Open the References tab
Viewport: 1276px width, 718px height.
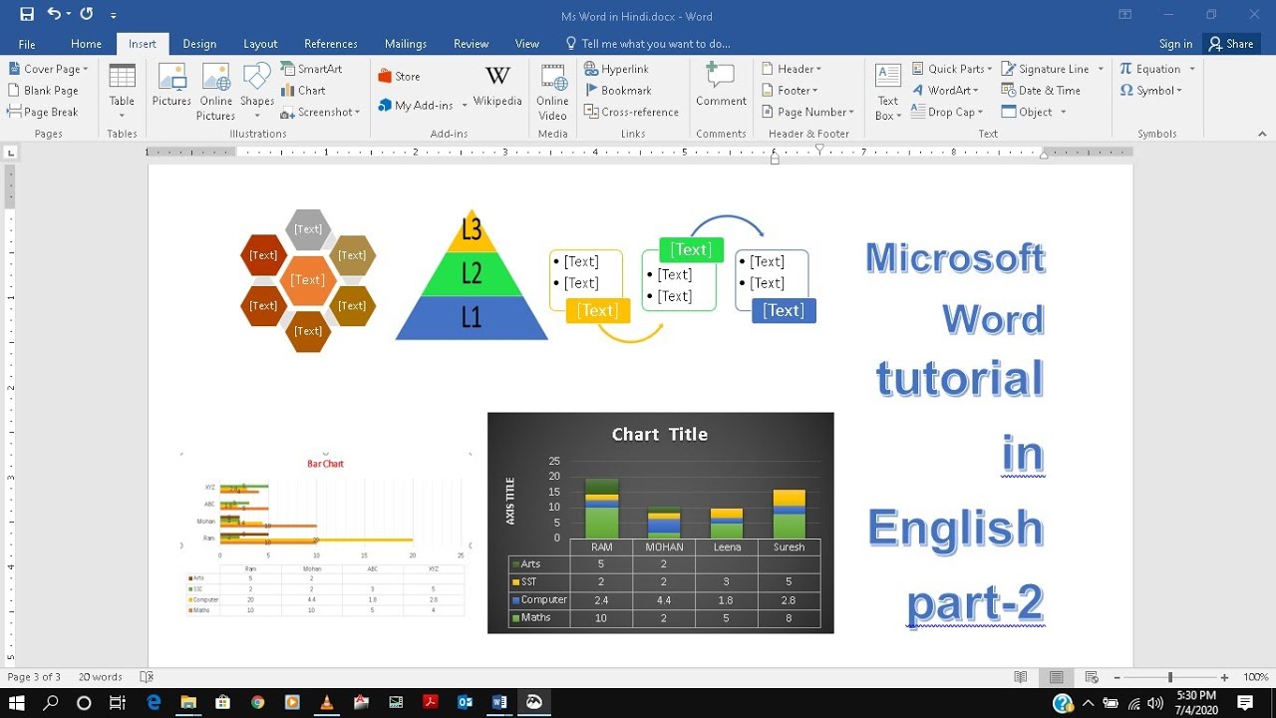(x=330, y=44)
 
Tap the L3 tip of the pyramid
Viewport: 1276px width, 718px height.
(x=472, y=230)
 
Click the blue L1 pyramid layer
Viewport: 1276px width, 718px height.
(x=472, y=318)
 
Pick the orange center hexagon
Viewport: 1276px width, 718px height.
(x=307, y=280)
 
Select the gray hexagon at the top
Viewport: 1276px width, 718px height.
(x=308, y=229)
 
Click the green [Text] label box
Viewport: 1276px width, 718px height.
(x=691, y=249)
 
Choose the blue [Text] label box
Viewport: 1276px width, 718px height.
(x=784, y=311)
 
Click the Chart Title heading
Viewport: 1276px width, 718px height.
(x=660, y=434)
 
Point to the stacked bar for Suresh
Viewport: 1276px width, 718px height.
(x=789, y=514)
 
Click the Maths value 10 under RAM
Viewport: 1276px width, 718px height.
(x=601, y=618)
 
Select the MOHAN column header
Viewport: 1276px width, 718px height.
(x=664, y=546)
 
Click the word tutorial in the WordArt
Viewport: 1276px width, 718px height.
(x=960, y=379)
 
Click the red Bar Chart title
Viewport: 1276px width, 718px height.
(x=325, y=464)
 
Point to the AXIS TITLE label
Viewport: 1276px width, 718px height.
(x=510, y=501)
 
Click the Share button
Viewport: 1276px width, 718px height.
(x=1230, y=44)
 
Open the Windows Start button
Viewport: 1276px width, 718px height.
(x=17, y=703)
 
